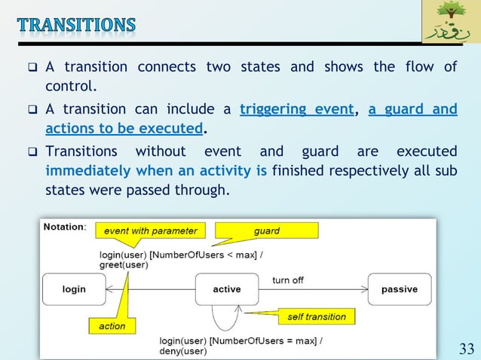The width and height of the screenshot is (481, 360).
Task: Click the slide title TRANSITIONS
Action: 77,24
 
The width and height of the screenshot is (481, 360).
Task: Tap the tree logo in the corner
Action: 449,23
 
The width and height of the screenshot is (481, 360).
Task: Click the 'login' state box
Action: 74,289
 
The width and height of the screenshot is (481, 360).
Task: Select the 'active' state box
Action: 227,289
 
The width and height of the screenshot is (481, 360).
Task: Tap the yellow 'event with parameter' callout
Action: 150,230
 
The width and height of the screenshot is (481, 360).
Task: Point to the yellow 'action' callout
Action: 112,326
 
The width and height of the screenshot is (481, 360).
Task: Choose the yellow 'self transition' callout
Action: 317,316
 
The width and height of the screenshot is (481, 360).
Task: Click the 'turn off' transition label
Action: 288,280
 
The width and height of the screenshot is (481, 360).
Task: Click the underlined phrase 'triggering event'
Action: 296,110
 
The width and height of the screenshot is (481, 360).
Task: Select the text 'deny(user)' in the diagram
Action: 182,351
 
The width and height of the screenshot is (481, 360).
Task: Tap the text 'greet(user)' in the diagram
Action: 124,264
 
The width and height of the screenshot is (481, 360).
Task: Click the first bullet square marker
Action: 33,68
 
